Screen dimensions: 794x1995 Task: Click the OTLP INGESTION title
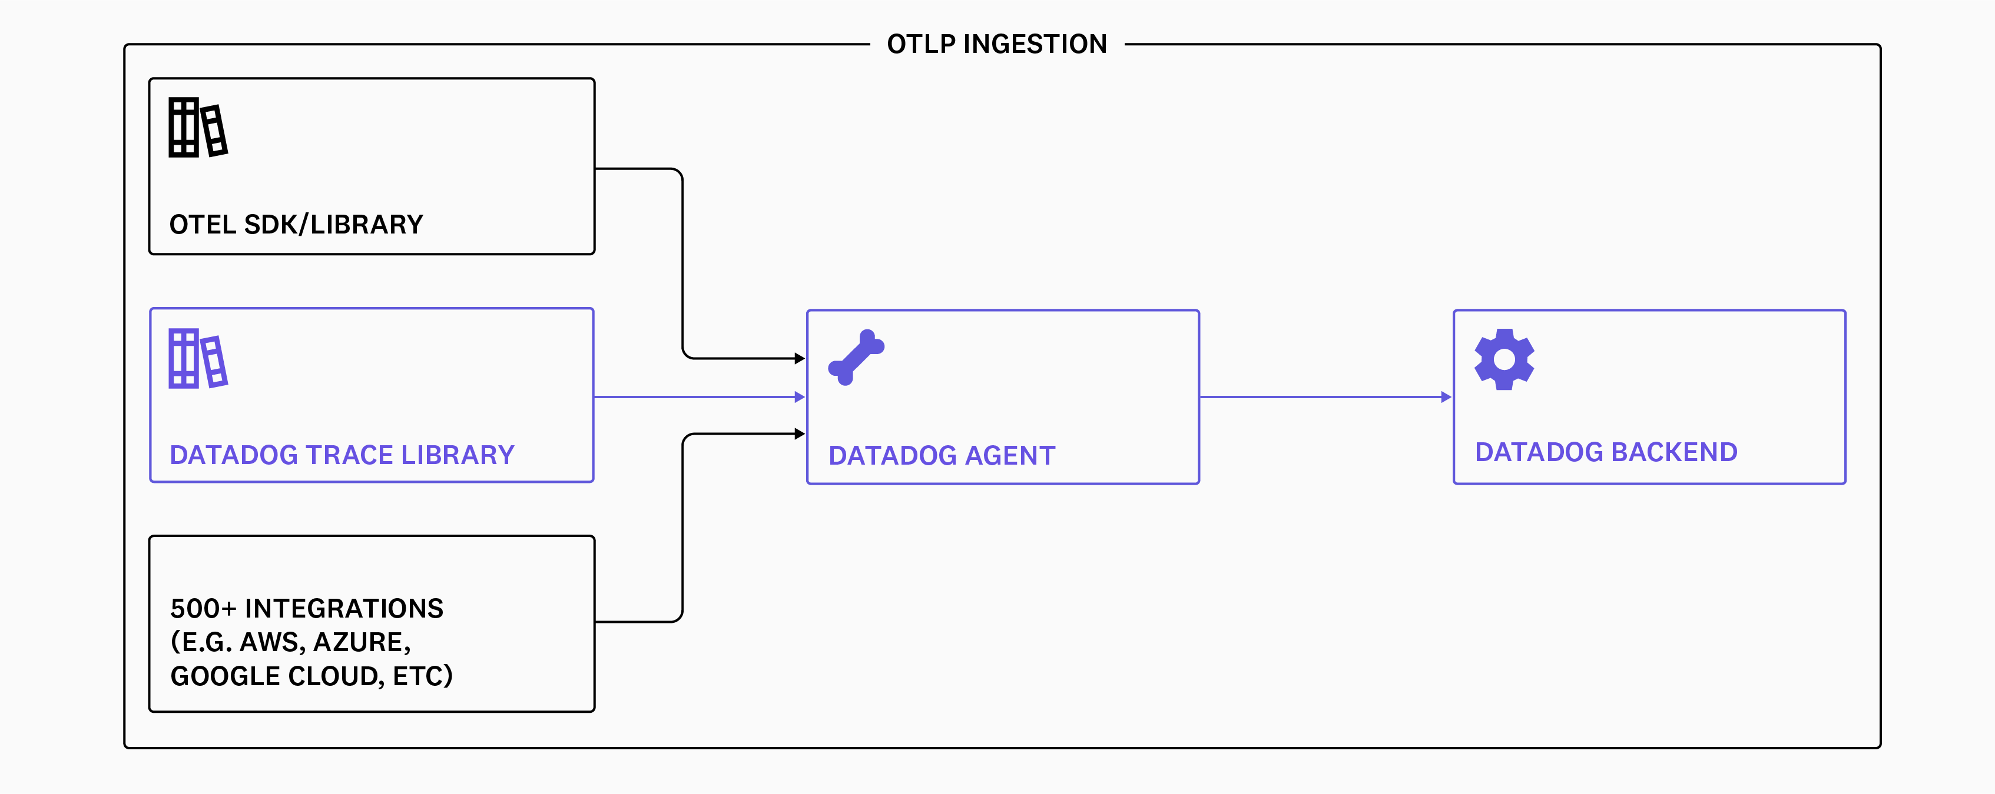pyautogui.click(x=997, y=44)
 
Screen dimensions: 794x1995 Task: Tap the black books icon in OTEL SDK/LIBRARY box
pyautogui.click(x=197, y=128)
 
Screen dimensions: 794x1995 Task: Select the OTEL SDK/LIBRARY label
pyautogui.click(x=296, y=225)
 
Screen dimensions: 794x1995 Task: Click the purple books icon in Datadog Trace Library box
pyautogui.click(x=197, y=358)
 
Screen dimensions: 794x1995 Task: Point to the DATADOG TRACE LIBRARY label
pyautogui.click(x=342, y=455)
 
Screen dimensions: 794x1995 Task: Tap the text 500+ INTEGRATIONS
pyautogui.click(x=307, y=608)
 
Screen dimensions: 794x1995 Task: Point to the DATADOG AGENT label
pyautogui.click(x=942, y=456)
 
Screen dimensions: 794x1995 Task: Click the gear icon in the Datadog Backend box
pyautogui.click(x=1504, y=359)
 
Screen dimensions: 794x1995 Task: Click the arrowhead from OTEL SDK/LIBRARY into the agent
pyautogui.click(x=800, y=358)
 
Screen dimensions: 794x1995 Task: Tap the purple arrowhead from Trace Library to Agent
pyautogui.click(x=800, y=397)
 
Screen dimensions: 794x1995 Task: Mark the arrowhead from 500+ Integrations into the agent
pyautogui.click(x=800, y=433)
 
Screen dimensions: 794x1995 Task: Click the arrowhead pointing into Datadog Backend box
pyautogui.click(x=1446, y=397)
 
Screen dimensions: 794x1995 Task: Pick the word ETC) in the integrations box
pyautogui.click(x=422, y=676)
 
